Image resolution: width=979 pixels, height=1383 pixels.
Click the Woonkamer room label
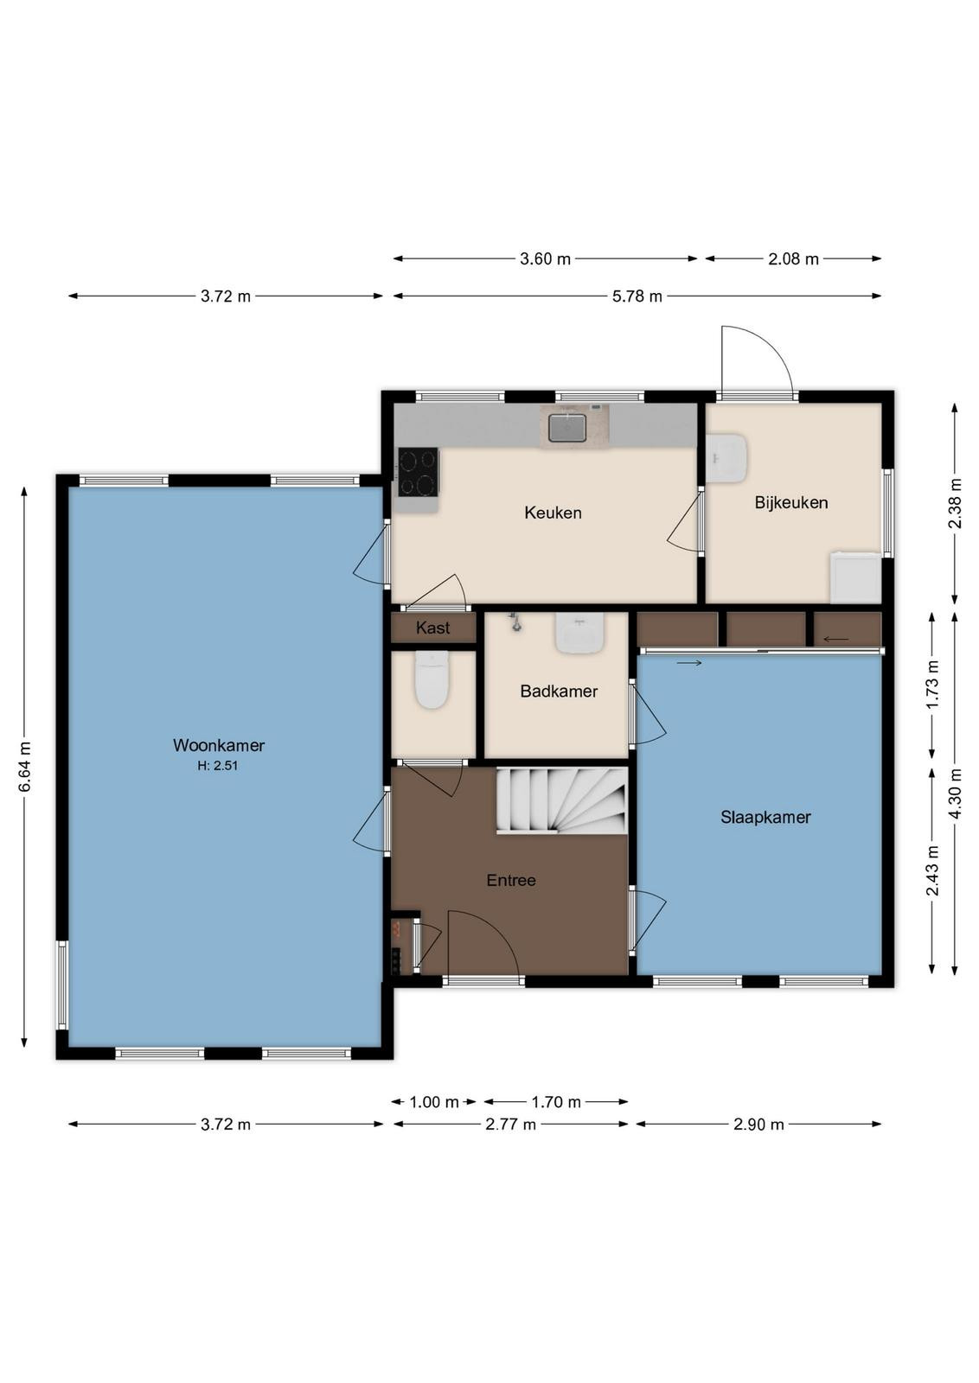click(219, 745)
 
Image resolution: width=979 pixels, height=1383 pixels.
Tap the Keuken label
click(553, 513)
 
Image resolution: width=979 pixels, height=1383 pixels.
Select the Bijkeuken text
click(791, 502)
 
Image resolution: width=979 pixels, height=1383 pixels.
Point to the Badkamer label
click(559, 691)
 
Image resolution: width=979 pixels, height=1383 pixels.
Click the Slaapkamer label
click(765, 818)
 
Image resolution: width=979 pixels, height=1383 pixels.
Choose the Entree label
click(511, 881)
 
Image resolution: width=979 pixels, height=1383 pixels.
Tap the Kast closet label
click(433, 628)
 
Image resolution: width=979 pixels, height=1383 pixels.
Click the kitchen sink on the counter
click(567, 427)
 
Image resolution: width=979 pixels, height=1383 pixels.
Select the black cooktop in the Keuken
click(419, 472)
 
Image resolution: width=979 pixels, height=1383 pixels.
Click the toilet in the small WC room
click(432, 679)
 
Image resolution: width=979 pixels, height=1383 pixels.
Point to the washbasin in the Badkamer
click(579, 633)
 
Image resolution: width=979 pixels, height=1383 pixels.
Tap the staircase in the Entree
click(562, 800)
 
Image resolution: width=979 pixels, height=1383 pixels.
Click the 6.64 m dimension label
click(25, 767)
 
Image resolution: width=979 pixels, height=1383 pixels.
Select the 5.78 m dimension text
click(637, 296)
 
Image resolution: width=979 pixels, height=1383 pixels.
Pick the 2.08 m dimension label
click(793, 259)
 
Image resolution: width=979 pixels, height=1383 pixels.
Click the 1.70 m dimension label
click(556, 1101)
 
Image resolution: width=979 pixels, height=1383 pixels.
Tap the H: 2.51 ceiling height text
click(217, 766)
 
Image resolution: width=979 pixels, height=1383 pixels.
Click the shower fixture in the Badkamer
click(515, 621)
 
